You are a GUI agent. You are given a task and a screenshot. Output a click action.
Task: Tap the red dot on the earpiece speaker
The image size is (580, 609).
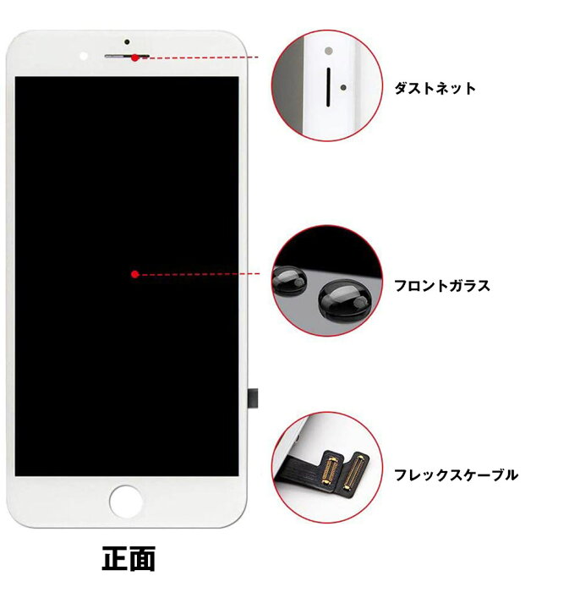click(x=135, y=58)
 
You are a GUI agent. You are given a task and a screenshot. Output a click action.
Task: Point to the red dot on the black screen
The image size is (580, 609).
click(x=134, y=273)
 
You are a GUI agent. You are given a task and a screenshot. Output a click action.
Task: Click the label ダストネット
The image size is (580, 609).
click(x=435, y=88)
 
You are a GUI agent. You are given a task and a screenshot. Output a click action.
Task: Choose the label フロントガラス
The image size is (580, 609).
click(x=441, y=286)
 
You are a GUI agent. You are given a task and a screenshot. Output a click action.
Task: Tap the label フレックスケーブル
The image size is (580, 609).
click(x=456, y=475)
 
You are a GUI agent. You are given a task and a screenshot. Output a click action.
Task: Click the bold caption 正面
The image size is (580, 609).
click(x=129, y=559)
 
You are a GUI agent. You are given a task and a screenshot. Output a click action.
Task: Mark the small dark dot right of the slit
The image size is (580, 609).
click(x=342, y=86)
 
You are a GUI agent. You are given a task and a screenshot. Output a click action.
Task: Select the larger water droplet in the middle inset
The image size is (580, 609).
click(x=342, y=298)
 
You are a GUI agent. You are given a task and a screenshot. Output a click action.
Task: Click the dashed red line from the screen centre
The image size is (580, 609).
click(x=199, y=274)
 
